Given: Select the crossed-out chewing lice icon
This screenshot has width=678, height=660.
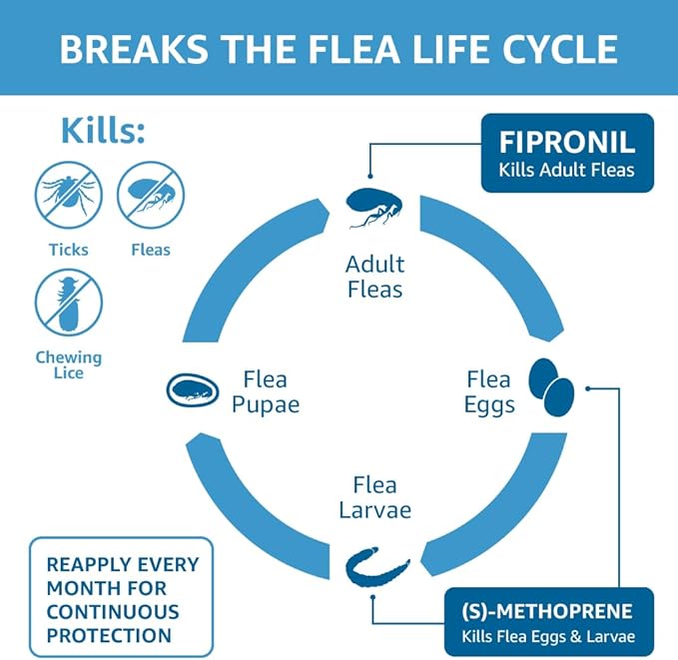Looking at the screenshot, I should tap(69, 303).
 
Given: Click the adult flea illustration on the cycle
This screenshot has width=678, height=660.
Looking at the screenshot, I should tap(374, 206).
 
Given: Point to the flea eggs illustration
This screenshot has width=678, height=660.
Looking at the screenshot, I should tap(551, 387).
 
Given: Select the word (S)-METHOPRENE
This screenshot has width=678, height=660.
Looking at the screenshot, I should tap(547, 609).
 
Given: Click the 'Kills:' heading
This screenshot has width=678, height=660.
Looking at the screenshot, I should tap(103, 131).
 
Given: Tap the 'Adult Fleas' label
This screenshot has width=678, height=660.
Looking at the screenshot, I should tap(374, 278).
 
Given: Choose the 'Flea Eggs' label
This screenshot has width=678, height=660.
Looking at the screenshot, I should tap(490, 392).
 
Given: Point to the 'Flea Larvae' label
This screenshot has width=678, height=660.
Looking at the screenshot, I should tap(374, 497).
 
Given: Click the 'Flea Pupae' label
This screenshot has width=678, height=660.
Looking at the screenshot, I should tap(265, 392).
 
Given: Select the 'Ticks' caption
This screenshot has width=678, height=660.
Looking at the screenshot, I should tap(69, 250).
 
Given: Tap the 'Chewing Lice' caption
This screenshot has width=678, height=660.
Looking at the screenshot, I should tap(69, 364).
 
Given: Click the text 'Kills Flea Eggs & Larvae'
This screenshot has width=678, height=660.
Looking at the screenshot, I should tap(547, 636).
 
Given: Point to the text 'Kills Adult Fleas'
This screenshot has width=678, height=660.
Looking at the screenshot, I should tap(567, 170).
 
